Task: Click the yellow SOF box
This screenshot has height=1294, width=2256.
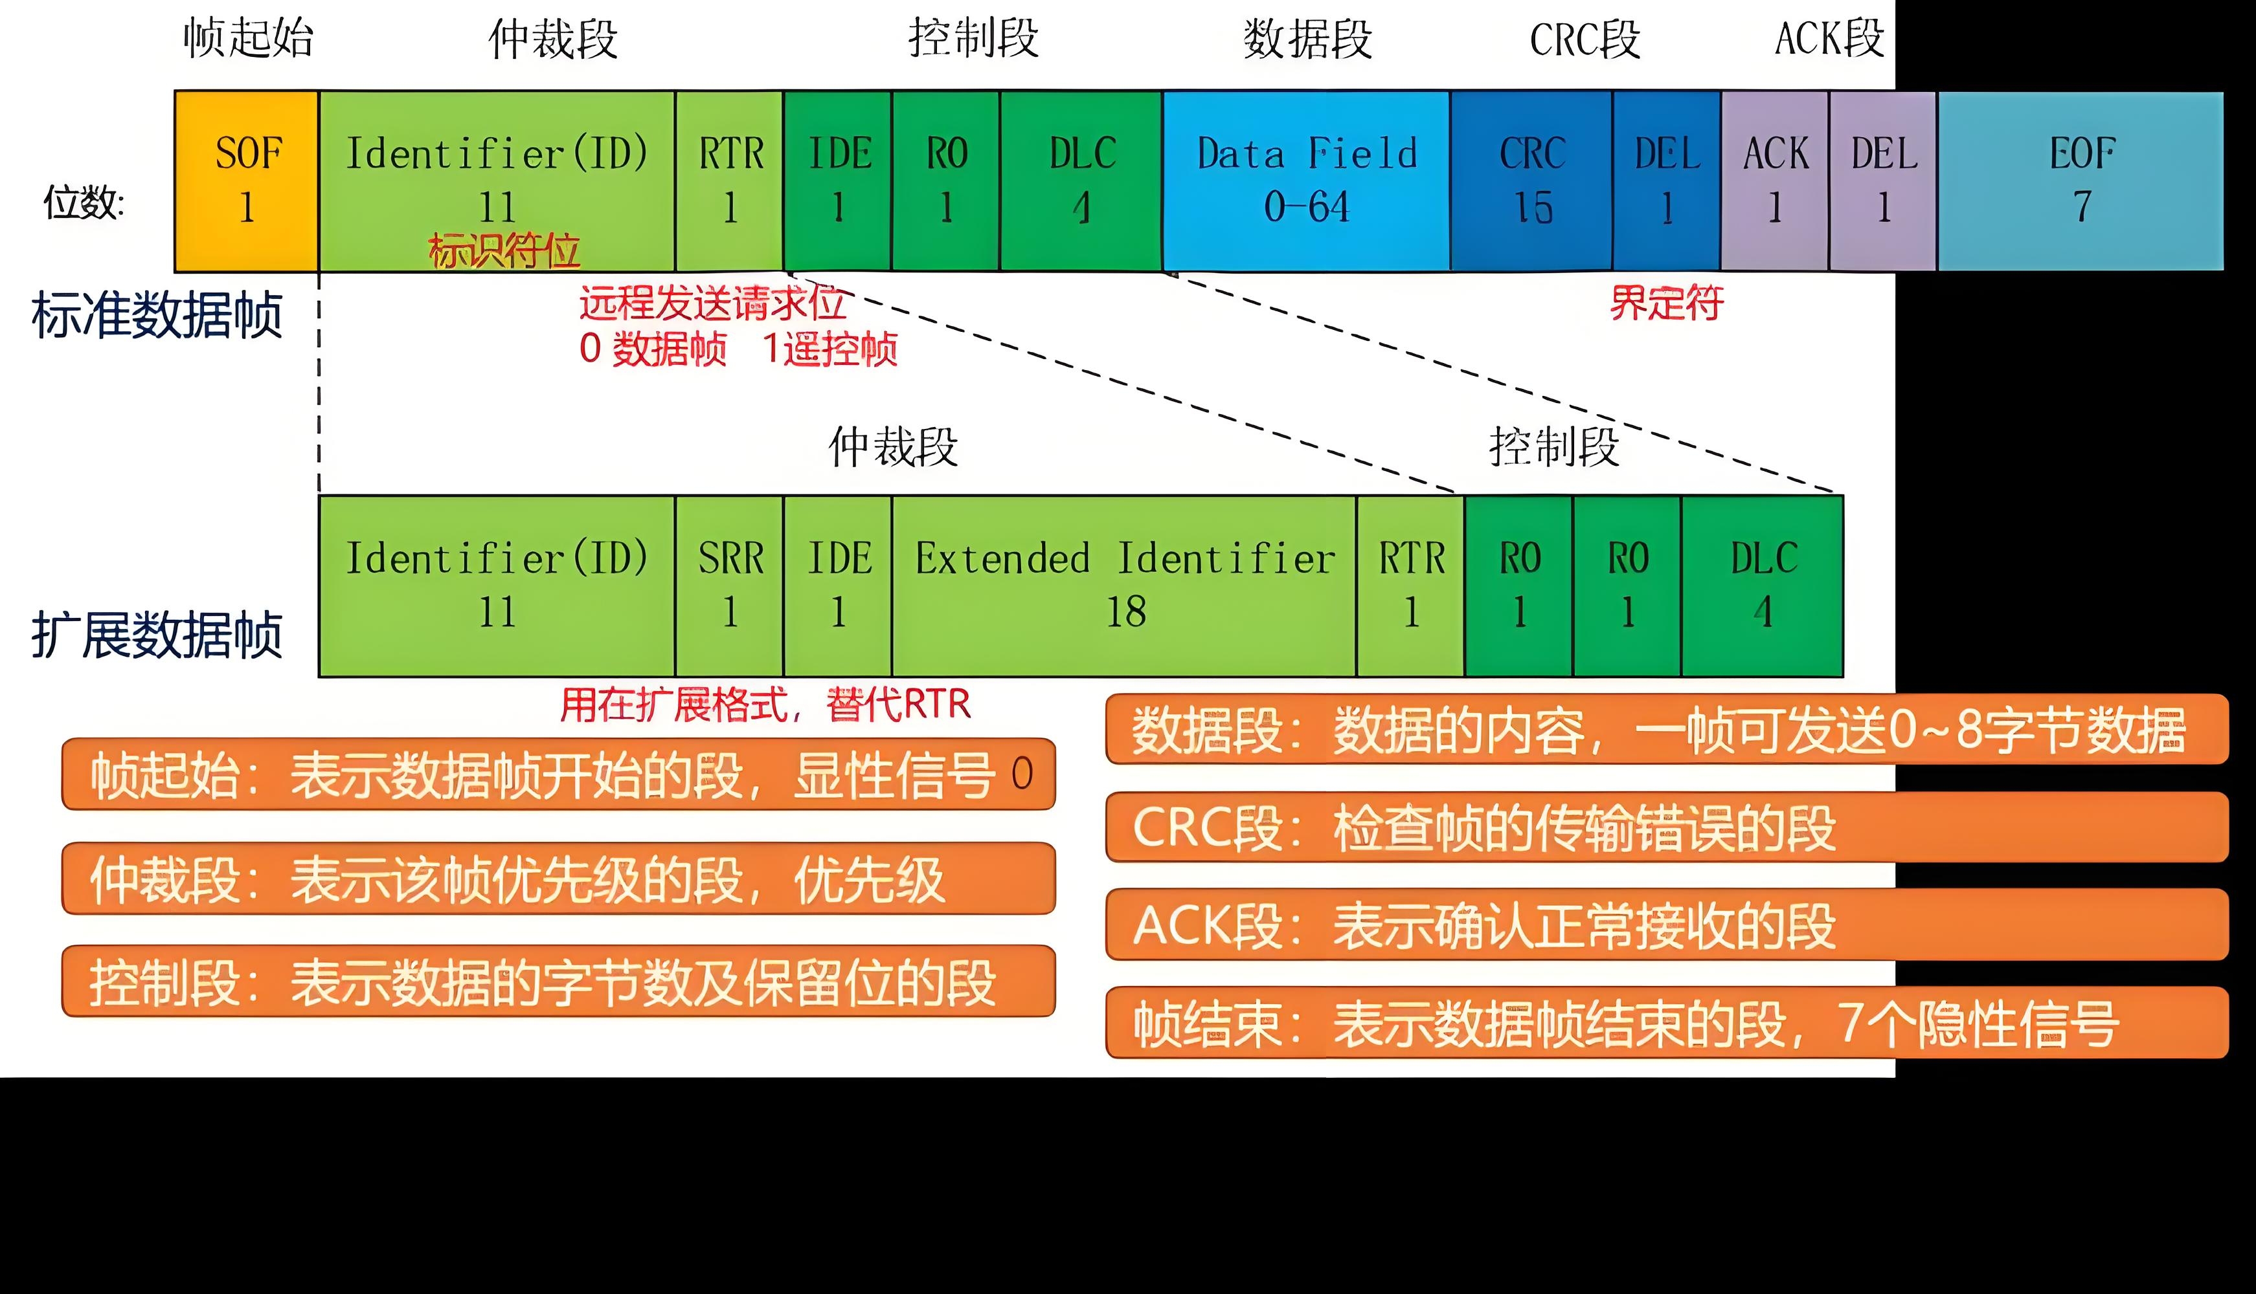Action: (x=246, y=181)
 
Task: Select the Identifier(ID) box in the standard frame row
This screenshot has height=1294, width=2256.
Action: (x=497, y=181)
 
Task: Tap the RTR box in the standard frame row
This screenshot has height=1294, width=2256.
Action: (x=729, y=181)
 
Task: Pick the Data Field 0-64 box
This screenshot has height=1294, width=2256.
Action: (x=1306, y=181)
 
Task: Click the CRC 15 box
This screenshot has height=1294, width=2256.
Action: (x=1531, y=181)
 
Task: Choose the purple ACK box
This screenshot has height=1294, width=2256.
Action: (x=1775, y=181)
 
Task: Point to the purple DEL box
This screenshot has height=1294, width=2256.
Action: (x=1882, y=181)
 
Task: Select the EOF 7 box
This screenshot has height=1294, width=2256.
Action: (x=2081, y=181)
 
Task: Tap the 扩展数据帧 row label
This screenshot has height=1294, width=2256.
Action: (x=157, y=635)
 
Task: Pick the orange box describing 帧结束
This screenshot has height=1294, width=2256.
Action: (x=1667, y=1023)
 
